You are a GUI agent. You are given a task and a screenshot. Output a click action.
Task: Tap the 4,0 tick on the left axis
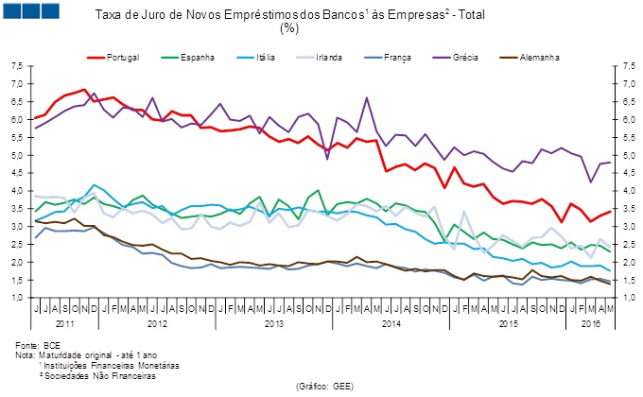coord(18,191)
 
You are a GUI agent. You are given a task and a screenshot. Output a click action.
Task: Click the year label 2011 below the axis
coord(67,323)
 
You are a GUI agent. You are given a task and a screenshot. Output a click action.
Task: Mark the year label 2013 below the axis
coord(275,323)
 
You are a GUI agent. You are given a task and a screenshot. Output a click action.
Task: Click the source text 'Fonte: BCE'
coord(39,345)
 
